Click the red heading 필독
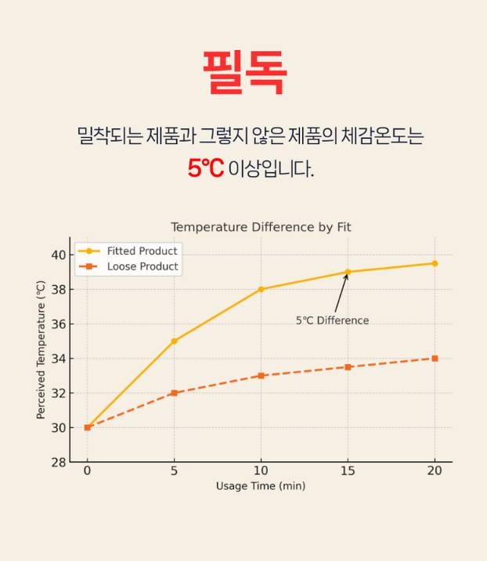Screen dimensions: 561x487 pos(243,72)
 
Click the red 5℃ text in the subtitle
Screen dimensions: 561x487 pos(205,168)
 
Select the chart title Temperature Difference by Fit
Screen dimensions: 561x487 pos(261,227)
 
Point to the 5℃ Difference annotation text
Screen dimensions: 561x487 pos(332,320)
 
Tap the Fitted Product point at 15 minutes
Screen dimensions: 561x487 pos(348,272)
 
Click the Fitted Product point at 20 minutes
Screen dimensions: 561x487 pos(435,263)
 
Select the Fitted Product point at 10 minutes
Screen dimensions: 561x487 pos(261,289)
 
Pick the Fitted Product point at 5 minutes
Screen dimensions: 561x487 pos(174,341)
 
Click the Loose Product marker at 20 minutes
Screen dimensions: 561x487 pos(435,358)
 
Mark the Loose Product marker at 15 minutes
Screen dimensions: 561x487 pos(348,367)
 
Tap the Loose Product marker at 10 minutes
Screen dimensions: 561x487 pos(261,375)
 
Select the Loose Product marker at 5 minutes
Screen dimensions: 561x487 pos(174,393)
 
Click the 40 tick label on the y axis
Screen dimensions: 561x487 pos(59,255)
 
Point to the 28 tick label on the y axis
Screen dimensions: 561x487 pos(59,462)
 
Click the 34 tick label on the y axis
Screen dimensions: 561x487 pos(59,359)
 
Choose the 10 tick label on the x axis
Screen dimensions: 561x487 pos(261,471)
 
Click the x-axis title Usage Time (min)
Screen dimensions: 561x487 pos(261,486)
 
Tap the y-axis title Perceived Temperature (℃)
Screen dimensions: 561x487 pos(41,349)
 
